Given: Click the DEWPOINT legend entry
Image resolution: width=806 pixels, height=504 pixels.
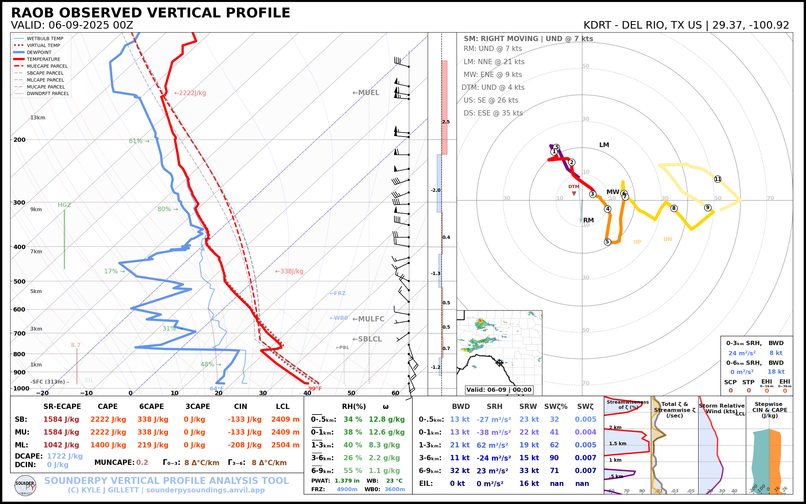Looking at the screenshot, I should coord(39,52).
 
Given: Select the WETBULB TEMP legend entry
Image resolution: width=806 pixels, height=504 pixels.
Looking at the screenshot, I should coord(45,39).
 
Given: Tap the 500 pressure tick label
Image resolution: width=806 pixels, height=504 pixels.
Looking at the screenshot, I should coord(19,281).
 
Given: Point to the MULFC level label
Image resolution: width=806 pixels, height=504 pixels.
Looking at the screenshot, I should coord(368,319).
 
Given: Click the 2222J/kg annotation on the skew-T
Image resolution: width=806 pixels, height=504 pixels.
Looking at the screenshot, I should coord(190,93).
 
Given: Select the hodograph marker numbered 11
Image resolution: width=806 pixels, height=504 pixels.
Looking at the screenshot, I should coord(718,179).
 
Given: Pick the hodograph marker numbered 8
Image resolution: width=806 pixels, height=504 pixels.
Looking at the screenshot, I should coord(674,208).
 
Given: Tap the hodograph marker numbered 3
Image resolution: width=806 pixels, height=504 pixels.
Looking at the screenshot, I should coord(593,194).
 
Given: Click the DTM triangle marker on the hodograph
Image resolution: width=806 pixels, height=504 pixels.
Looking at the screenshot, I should coord(574,193).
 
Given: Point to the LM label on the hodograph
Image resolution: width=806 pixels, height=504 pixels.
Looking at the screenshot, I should coord(604,145).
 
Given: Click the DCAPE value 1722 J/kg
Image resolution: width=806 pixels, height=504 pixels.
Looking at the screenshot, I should coord(65,456).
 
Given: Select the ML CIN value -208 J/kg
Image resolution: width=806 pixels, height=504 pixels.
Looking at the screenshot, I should coord(245,445).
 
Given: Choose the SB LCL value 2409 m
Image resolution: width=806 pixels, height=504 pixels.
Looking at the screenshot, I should coord(285,419).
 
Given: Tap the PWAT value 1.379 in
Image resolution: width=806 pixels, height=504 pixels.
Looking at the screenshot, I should coord(347,481).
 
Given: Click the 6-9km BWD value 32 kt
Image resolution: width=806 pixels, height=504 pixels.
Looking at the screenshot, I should coord(460,471).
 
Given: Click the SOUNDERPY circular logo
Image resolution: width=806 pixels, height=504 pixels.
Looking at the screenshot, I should coord(25,486).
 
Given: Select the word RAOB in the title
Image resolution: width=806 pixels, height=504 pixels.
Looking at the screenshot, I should coord(32,13).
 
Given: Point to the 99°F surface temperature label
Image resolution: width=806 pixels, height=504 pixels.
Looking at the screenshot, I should coord(315,389).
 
